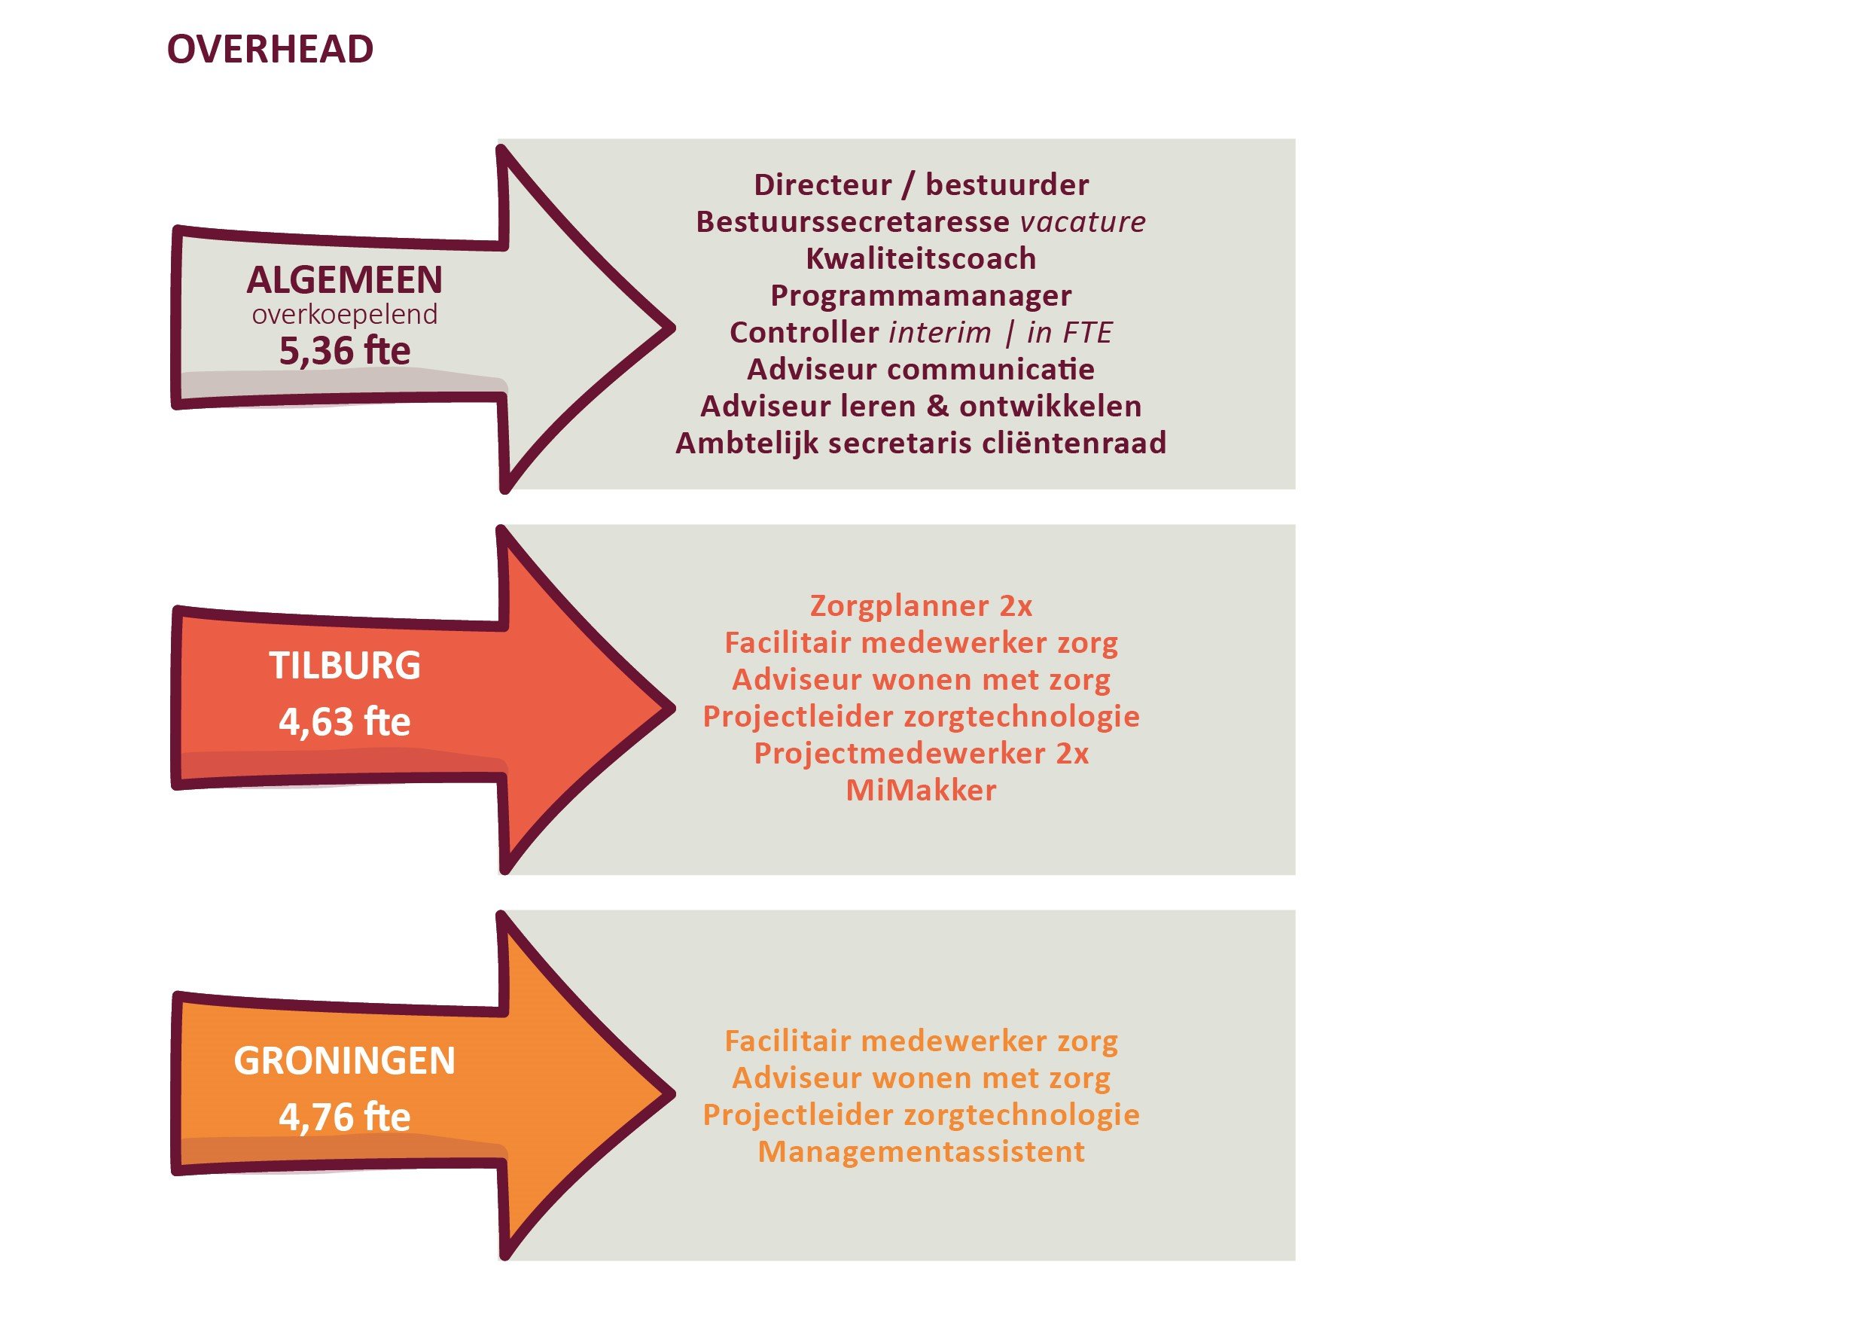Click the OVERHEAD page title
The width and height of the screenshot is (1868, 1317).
[x=270, y=50]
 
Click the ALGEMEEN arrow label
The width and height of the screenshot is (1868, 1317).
[x=345, y=280]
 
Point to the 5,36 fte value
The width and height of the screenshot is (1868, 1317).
[x=345, y=351]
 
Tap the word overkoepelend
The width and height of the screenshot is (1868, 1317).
[x=345, y=314]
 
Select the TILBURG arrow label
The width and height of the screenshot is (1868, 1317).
[x=345, y=666]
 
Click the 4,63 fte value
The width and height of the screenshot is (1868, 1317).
[x=345, y=721]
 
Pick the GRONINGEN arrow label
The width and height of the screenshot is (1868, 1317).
[x=345, y=1061]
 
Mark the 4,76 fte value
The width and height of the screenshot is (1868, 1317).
[x=345, y=1117]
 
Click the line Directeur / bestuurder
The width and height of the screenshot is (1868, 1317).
[x=921, y=185]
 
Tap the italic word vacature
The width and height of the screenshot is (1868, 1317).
[x=1083, y=222]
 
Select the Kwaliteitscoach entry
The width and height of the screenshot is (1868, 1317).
[x=921, y=259]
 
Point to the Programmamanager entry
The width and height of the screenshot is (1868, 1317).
[x=921, y=296]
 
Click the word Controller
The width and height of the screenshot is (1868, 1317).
[x=804, y=333]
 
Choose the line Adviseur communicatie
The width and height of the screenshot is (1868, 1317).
[x=921, y=369]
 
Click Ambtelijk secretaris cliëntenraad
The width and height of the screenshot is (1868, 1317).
[x=921, y=444]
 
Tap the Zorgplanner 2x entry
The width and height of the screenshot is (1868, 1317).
[x=921, y=606]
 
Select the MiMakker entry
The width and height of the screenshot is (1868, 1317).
[x=921, y=791]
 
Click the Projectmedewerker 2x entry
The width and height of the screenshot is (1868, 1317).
[x=921, y=754]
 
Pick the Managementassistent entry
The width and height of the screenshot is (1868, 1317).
[x=921, y=1152]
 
